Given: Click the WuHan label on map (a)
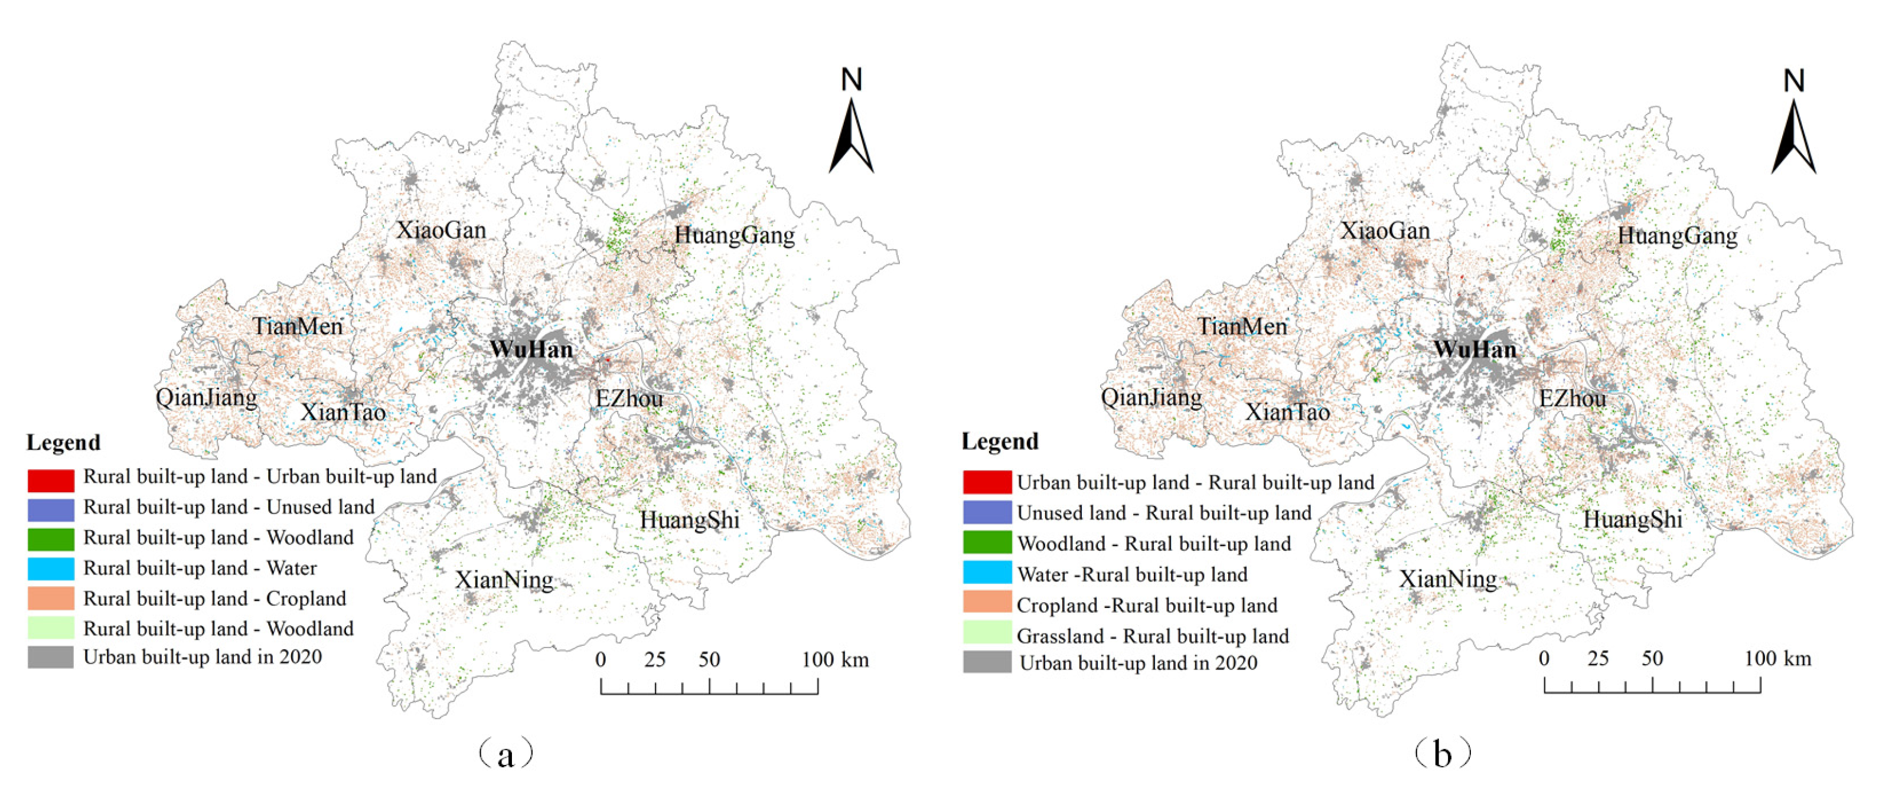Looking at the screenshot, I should [531, 349].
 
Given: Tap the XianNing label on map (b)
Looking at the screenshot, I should [1448, 579].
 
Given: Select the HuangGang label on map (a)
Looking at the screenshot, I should [734, 236].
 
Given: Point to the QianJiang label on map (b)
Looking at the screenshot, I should [1151, 397].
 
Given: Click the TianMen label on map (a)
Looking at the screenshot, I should [298, 326].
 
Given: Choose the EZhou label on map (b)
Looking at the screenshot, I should [1572, 399].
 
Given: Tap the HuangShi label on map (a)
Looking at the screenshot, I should [689, 520].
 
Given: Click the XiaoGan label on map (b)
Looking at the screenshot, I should [1385, 231].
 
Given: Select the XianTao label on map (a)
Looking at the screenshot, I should [343, 413].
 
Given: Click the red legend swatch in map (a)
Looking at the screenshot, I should [50, 480].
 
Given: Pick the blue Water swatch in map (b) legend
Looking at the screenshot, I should [987, 573].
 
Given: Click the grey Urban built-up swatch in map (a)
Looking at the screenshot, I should [50, 657].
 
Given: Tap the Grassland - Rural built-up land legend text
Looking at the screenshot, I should [1153, 636].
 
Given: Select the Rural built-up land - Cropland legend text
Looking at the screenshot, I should [214, 599].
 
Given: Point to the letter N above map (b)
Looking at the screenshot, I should [1793, 80].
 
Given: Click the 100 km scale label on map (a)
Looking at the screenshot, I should [835, 660].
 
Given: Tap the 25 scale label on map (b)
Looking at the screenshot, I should [1597, 659].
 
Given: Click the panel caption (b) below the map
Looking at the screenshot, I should [1441, 754].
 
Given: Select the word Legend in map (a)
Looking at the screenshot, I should [63, 443].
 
